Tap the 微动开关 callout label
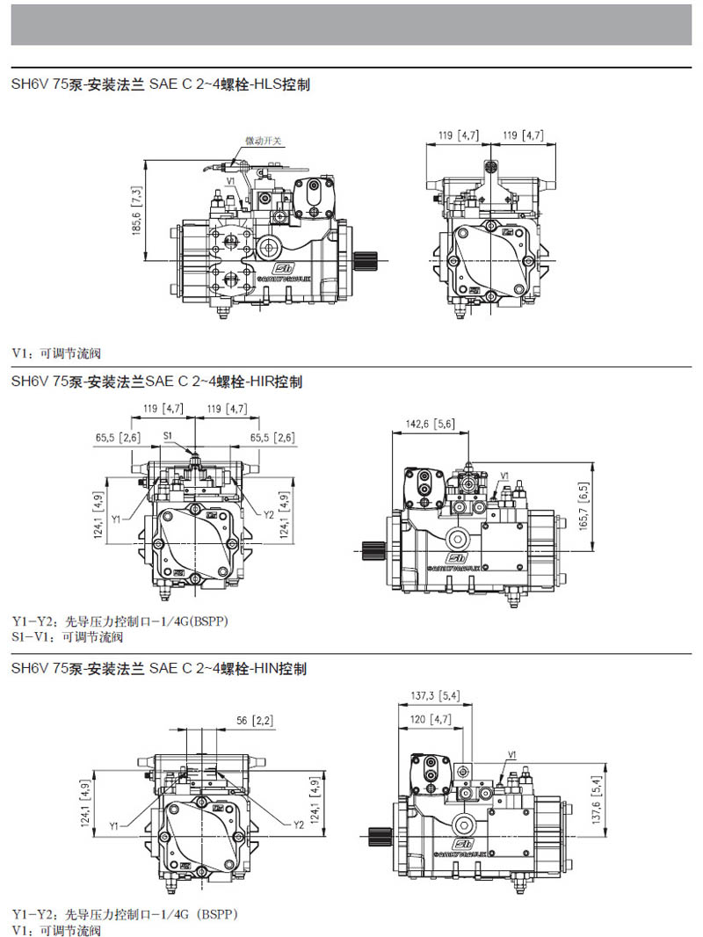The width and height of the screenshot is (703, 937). [x=262, y=140]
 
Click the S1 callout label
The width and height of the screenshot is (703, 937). [x=168, y=434]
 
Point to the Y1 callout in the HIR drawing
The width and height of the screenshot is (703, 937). [x=116, y=519]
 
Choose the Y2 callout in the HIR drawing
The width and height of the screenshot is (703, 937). [x=269, y=514]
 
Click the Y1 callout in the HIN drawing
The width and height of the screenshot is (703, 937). [x=115, y=824]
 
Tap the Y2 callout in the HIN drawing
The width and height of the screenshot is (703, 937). [x=299, y=824]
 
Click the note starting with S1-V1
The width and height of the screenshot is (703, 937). [x=67, y=636]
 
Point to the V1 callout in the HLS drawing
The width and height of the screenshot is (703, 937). [x=230, y=180]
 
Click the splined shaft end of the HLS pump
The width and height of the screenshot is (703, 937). [x=366, y=260]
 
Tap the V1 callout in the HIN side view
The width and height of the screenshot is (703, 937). [x=512, y=754]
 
